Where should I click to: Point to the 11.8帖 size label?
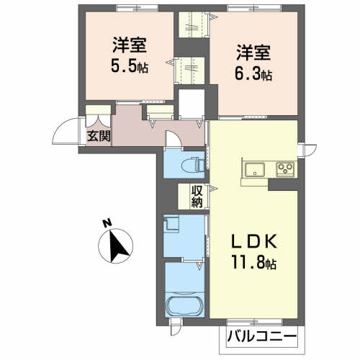pyautogui.click(x=253, y=262)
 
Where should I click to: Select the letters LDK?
pyautogui.click(x=253, y=241)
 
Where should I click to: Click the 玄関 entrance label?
pyautogui.click(x=99, y=136)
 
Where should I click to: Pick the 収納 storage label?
pyautogui.click(x=197, y=197)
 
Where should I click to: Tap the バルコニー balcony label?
pyautogui.click(x=262, y=337)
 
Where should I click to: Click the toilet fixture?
pyautogui.click(x=193, y=165)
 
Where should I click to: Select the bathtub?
pyautogui.click(x=184, y=306)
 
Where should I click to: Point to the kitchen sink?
pyautogui.click(x=255, y=169)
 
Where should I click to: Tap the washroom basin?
pyautogui.click(x=171, y=224)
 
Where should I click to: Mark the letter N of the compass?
pyautogui.click(x=107, y=223)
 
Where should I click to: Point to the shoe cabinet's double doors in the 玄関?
pyautogui.click(x=99, y=121)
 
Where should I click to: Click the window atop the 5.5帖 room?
pyautogui.click(x=137, y=8)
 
